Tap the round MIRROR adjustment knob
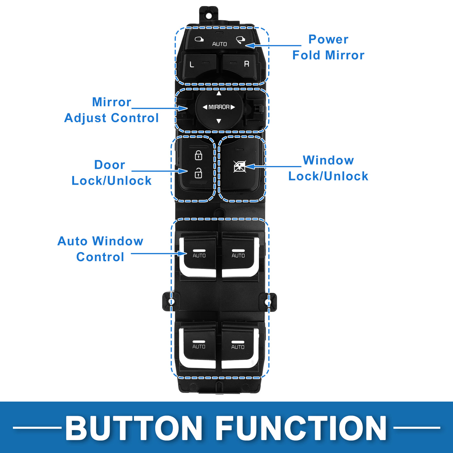(x=219, y=107)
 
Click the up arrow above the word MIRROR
(x=219, y=94)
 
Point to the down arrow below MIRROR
(x=219, y=121)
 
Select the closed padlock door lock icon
(x=198, y=155)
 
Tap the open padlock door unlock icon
(x=198, y=173)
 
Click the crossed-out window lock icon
(x=240, y=167)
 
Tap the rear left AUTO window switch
(x=199, y=345)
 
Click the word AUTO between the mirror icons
(x=219, y=44)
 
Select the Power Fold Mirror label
(x=328, y=47)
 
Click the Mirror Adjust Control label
(x=112, y=110)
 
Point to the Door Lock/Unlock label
(x=111, y=173)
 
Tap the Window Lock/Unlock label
(x=328, y=168)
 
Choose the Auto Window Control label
(x=100, y=249)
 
